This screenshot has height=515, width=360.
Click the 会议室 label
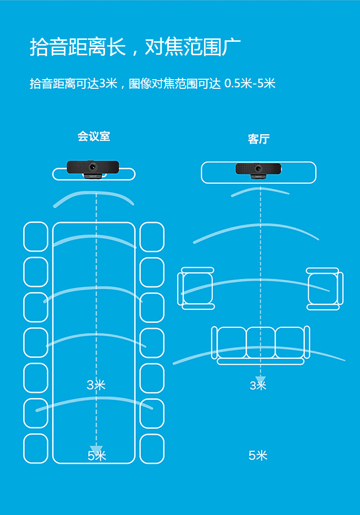click(x=94, y=136)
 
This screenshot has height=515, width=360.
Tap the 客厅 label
click(x=259, y=139)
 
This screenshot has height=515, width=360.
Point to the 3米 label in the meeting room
click(x=96, y=384)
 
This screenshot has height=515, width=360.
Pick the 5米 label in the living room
click(x=258, y=455)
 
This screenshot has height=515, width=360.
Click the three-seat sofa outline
click(x=261, y=345)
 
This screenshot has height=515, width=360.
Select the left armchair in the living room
click(x=196, y=288)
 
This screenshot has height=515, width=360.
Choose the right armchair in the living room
click(x=324, y=288)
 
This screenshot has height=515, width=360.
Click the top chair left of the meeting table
click(x=36, y=237)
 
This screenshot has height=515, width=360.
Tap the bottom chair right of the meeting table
click(x=152, y=448)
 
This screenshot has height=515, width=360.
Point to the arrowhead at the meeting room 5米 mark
click(x=96, y=450)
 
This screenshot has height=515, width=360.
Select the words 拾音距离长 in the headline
click(x=78, y=47)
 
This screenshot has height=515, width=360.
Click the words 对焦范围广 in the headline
click(x=193, y=47)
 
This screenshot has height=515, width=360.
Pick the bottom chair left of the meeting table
click(x=36, y=448)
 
